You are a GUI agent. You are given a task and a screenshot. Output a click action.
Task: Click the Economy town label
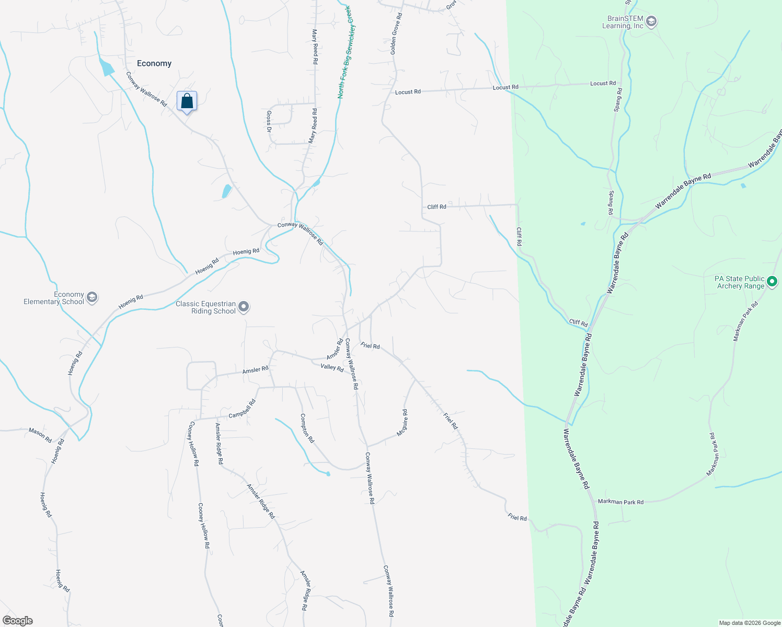pos(154,64)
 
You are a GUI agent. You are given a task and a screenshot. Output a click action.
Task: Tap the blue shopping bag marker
pos(187,101)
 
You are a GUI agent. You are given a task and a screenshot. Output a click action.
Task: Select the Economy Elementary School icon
pos(92,298)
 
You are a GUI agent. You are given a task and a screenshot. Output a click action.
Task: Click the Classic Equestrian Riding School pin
pos(244,307)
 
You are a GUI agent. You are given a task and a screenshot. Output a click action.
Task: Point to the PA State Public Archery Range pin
pos(772,282)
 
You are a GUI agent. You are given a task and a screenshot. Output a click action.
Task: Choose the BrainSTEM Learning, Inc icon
pos(651,22)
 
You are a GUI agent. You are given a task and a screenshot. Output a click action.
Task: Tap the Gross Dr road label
pos(269,121)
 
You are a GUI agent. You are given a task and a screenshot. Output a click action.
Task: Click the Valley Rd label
pos(332,368)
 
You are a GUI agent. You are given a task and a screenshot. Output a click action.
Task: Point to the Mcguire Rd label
pos(402,423)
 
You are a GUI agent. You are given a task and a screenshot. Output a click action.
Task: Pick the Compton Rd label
pos(307,428)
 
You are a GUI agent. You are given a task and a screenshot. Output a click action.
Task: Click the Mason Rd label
pos(40,435)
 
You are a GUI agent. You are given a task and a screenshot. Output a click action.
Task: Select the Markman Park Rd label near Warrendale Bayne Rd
pos(620,502)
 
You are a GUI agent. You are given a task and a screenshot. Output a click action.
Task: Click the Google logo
pos(17,621)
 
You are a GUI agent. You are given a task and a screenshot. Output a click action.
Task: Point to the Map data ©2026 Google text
pos(750,623)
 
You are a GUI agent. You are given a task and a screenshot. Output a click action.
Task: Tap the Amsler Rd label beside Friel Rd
pos(335,349)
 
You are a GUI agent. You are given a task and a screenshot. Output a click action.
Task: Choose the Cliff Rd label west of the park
pos(436,207)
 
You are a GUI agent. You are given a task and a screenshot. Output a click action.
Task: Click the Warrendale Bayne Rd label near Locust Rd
pos(683,190)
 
